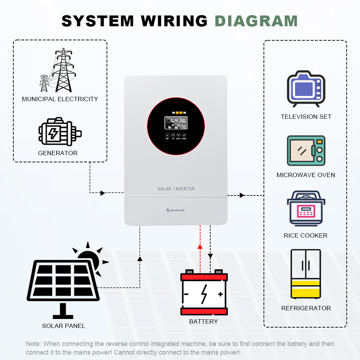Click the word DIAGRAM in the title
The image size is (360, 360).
coord(256,21)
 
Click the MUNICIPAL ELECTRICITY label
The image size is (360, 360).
coord(60,99)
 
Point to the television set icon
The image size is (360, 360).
coord(306,89)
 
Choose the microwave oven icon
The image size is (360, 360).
coord(306,150)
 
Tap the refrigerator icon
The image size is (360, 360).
coord(306,274)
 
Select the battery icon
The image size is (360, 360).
coord(204,293)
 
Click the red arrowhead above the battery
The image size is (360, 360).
coord(200,247)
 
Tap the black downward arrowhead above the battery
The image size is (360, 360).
coord(211,256)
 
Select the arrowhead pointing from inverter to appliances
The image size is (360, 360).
coord(242,195)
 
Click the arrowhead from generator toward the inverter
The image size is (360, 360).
coord(103,193)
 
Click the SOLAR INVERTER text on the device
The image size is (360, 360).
coord(176,189)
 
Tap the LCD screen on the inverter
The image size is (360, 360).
coord(176,123)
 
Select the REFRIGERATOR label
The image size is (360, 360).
coord(306,308)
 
